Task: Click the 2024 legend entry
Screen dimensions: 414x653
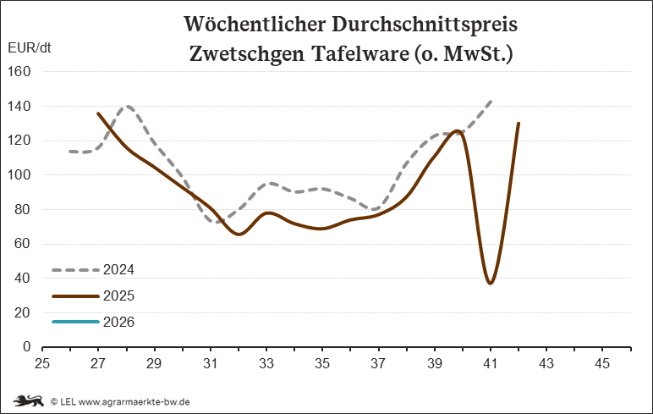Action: coord(93,270)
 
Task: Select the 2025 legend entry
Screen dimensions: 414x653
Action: coord(93,296)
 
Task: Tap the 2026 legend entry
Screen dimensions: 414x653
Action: coord(93,322)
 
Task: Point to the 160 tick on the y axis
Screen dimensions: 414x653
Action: coord(20,72)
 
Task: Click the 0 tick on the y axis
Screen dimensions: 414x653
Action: coord(27,347)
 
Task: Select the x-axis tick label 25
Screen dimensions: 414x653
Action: coord(42,363)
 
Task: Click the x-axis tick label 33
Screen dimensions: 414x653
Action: coord(266,363)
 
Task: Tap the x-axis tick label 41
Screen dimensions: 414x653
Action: coord(491,363)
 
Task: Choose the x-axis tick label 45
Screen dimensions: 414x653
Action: coord(602,363)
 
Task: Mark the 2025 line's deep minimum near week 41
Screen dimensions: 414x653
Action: coord(491,283)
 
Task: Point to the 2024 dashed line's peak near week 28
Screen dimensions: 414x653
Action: coord(127,107)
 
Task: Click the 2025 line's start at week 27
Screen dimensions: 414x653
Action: coord(98,113)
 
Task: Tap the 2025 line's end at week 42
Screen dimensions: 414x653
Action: coord(519,124)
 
